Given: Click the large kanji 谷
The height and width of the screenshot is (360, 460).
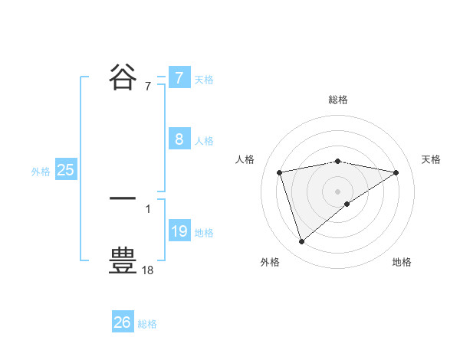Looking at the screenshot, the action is click(x=123, y=77).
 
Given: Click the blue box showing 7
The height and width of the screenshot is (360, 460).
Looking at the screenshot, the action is click(x=179, y=77).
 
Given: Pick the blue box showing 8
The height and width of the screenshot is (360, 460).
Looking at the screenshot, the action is click(x=179, y=139).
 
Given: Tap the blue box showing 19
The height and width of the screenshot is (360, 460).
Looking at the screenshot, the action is click(x=179, y=231).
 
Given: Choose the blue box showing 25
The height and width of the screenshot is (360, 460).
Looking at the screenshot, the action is click(x=66, y=170).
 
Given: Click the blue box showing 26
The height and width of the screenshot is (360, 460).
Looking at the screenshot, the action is click(x=123, y=322).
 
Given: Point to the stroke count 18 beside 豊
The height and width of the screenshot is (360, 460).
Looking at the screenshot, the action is click(x=148, y=270).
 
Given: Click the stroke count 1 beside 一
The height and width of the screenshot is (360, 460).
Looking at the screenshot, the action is click(x=148, y=208).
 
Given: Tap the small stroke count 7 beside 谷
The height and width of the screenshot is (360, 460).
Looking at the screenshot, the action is click(x=148, y=86).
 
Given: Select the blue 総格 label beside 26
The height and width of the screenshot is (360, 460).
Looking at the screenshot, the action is click(x=147, y=324).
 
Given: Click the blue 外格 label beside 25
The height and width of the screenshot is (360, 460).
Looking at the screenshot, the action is click(x=41, y=172).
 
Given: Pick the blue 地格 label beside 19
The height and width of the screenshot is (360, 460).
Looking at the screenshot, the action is click(x=204, y=233).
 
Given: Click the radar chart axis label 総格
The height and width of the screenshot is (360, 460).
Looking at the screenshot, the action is click(x=338, y=100).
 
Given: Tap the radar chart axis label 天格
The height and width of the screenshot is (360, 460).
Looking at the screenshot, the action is click(x=431, y=159).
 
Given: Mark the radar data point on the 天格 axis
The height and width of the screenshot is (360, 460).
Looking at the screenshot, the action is click(x=396, y=172).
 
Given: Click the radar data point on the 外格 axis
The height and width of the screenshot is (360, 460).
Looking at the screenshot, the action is click(x=301, y=242).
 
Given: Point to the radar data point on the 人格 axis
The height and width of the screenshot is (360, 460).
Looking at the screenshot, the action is click(x=281, y=172).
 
